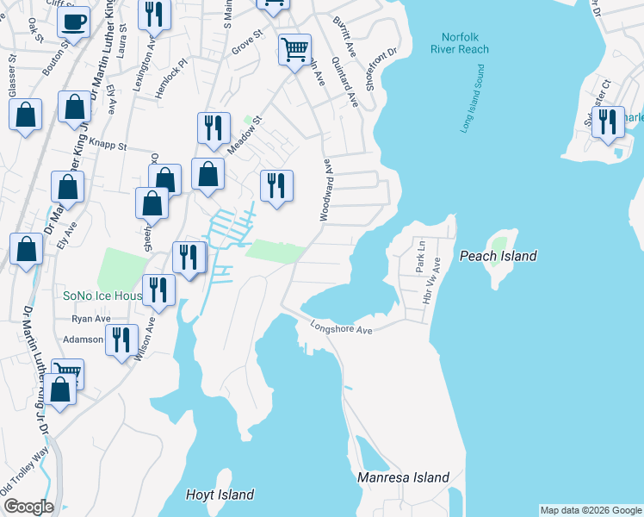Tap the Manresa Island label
coord(404,477)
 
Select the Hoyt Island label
coord(220,495)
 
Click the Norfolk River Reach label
coord(459,43)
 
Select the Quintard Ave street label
coord(349,84)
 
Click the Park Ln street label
coord(420,258)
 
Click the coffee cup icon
coord(74,21)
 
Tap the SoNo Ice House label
coord(102,296)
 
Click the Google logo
coord(28,507)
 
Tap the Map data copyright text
coord(591,510)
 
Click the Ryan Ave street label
coord(91,319)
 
